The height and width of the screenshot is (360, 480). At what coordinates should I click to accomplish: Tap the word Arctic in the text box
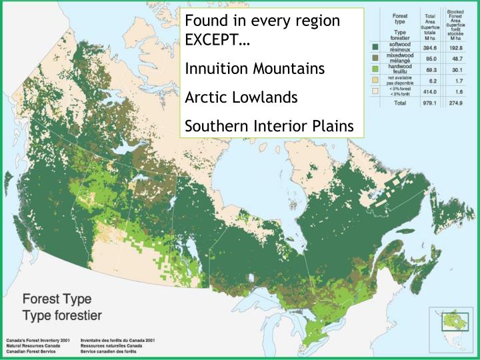205,97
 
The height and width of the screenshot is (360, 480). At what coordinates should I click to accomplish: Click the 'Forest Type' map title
57,299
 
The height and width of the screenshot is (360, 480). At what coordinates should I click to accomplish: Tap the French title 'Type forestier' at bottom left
63,314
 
